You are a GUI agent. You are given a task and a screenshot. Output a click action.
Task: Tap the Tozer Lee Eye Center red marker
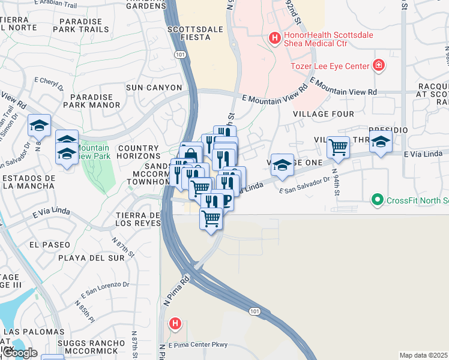[379, 65]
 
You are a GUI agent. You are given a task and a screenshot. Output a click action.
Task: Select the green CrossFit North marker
[377, 200]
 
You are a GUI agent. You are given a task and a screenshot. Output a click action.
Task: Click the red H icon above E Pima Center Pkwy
[175, 325]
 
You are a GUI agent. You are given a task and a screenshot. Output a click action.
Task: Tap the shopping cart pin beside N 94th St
[339, 146]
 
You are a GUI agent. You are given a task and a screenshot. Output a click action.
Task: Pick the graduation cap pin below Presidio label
[381, 142]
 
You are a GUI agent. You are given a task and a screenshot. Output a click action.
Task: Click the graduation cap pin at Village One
[282, 163]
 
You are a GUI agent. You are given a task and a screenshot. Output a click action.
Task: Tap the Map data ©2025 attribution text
[423, 355]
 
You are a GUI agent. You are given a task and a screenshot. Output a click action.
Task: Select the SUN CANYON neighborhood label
[153, 88]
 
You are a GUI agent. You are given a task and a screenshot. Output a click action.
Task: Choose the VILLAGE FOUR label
[324, 113]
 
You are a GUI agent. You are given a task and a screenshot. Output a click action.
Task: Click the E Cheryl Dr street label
[49, 83]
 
